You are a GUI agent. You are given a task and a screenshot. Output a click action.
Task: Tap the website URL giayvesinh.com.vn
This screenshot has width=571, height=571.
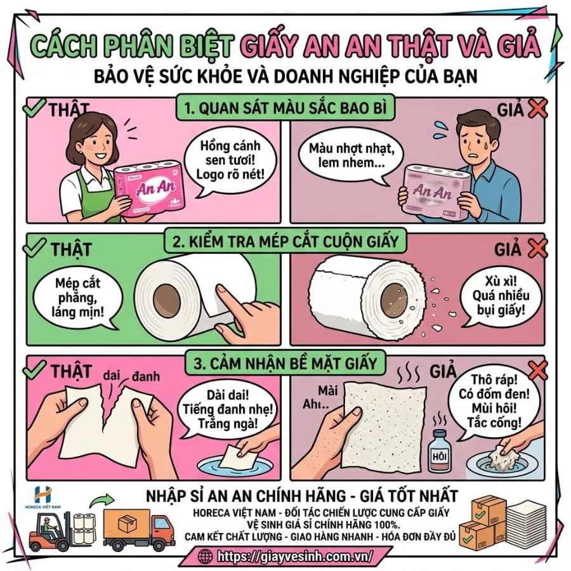(295, 556)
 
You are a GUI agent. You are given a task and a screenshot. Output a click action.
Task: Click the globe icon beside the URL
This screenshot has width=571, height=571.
(206, 556)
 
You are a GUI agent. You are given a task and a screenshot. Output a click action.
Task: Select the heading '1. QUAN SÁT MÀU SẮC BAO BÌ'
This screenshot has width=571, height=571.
(285, 108)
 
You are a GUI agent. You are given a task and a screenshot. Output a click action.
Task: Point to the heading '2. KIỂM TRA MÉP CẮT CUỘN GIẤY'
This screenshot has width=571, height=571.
(285, 241)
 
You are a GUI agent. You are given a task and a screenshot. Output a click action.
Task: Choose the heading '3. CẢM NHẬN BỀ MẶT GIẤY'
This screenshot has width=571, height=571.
(285, 363)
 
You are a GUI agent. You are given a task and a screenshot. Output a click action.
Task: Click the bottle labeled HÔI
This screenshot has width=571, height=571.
(439, 451)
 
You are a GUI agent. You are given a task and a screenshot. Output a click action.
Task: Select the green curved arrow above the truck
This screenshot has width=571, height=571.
(102, 500)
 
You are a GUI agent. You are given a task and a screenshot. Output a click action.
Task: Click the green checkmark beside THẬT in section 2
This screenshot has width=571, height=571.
(34, 247)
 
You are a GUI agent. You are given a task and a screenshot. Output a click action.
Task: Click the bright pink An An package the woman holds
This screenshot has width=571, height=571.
(149, 188)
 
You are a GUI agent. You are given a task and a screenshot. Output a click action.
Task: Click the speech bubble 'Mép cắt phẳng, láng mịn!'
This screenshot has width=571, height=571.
(77, 298)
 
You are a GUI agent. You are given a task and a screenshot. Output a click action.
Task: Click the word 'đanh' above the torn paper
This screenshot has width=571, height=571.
(146, 376)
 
